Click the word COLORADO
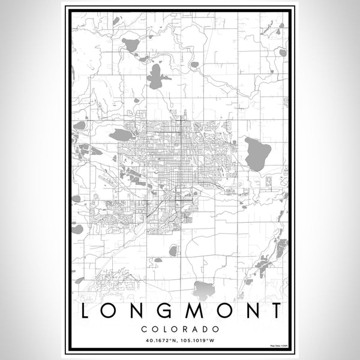coord(179,329)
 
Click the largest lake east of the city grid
coord(257,153)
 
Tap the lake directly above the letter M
coord(203,290)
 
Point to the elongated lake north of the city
coord(155,77)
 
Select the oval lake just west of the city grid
coord(122,134)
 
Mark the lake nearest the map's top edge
coord(130,44)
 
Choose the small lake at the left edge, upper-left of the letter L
coord(77,229)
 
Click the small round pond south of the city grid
coord(173,250)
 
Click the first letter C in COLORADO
coord(145,329)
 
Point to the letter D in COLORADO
coord(204,329)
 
